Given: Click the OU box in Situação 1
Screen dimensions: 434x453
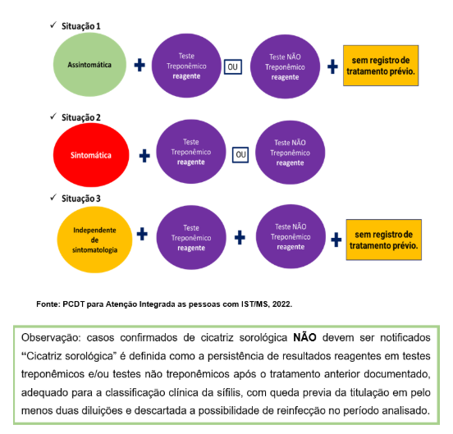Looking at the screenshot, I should (x=233, y=66).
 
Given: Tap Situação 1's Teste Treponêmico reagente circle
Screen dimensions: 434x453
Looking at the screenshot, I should (x=188, y=64).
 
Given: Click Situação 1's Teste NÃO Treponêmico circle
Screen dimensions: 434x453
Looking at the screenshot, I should (x=284, y=65).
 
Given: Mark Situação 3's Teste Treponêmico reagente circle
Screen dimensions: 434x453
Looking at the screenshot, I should (x=190, y=236).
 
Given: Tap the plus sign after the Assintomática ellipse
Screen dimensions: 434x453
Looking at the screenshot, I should (x=140, y=65).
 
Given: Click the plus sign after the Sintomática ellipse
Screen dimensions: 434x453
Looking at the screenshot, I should (x=144, y=154).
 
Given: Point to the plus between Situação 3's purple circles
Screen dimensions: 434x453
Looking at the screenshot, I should (x=240, y=237).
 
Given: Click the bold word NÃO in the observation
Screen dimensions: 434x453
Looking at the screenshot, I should (x=304, y=337).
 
